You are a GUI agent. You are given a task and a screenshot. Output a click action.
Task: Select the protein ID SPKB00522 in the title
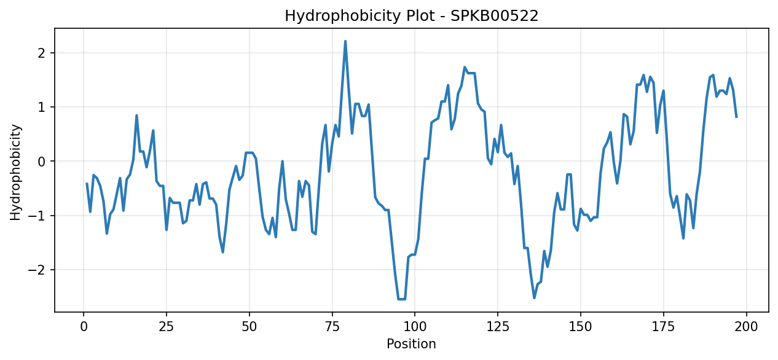494,16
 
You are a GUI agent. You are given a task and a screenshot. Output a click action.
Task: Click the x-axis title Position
411,344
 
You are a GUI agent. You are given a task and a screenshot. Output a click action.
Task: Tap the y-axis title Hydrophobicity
15,172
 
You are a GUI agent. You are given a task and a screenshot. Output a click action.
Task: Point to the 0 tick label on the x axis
84,327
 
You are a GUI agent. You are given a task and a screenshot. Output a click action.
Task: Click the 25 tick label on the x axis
167,327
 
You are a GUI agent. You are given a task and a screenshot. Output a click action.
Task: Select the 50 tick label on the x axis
249,327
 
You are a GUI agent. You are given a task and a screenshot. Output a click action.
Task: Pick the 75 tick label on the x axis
332,327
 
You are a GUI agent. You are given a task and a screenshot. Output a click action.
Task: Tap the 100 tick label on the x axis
415,327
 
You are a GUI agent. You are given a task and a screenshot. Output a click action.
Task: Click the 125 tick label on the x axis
498,327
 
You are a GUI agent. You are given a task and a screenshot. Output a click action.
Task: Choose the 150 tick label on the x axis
580,327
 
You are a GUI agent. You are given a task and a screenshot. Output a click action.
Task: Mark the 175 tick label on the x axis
663,327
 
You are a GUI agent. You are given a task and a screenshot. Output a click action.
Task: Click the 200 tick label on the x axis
747,327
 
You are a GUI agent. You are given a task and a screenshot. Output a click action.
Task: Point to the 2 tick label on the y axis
42,53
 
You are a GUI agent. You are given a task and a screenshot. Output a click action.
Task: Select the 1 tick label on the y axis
42,108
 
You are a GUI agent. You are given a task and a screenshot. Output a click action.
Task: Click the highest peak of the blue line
345,41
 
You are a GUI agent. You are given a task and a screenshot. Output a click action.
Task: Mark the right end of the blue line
736,117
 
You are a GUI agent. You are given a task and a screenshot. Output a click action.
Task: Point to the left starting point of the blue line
87,183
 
